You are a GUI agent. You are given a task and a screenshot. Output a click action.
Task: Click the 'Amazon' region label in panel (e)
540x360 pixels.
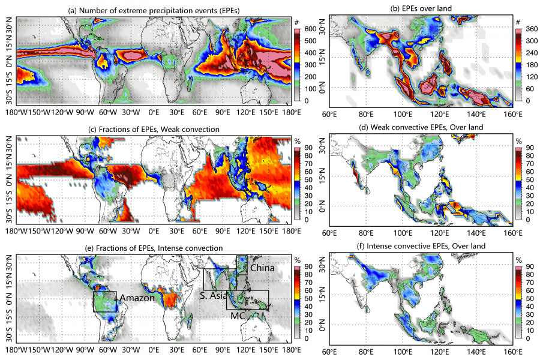[x=136, y=298]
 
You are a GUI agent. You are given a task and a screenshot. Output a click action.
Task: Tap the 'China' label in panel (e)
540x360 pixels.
[x=262, y=268]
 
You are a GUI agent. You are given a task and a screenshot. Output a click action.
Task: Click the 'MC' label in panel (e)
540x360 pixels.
[x=237, y=314]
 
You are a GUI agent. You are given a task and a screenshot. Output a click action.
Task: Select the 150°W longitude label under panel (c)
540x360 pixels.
[x=40, y=232]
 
